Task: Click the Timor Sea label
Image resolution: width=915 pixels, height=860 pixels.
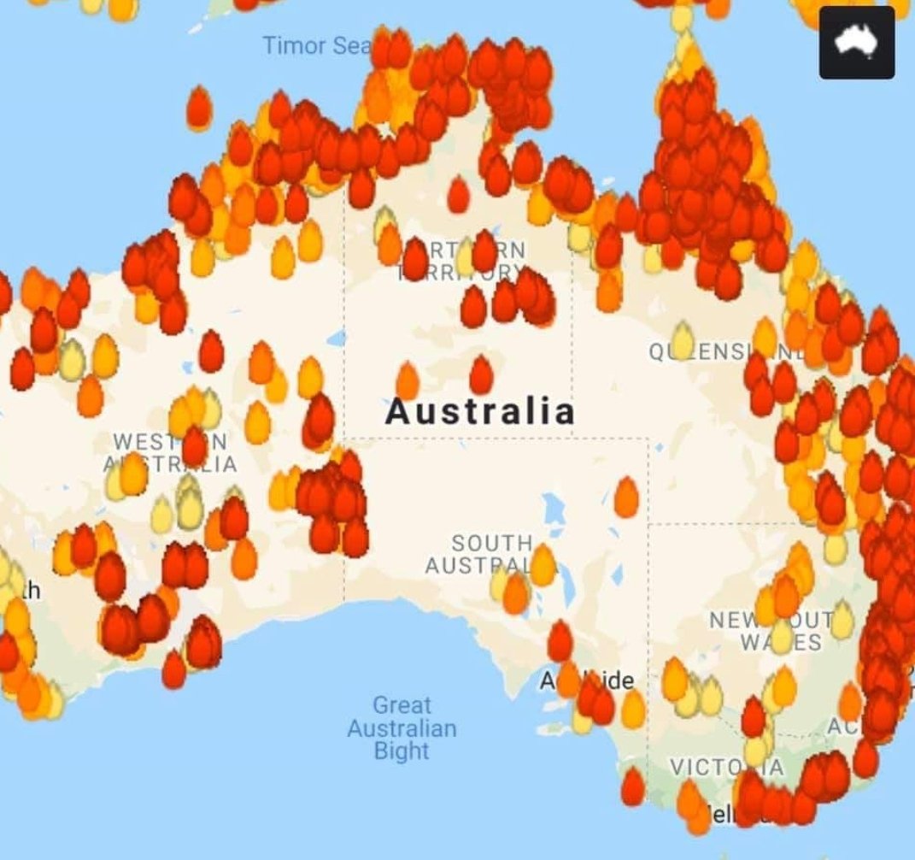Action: coord(313,45)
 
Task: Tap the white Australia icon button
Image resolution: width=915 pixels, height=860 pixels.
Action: coord(856,43)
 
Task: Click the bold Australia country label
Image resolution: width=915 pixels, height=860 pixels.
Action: coord(480,412)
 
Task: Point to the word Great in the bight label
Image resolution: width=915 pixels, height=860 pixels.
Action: coord(402,706)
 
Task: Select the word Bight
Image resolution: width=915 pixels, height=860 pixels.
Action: coord(402,751)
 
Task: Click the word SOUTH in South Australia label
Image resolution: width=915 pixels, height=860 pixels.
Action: coord(492,544)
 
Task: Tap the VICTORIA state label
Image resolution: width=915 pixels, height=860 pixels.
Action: coord(726,767)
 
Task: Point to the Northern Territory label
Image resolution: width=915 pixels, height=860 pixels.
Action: coord(461,261)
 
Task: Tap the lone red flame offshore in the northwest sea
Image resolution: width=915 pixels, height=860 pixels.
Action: coord(198,108)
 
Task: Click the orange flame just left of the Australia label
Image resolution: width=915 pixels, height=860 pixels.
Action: coord(408,380)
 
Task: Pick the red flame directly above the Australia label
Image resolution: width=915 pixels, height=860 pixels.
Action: coord(481,374)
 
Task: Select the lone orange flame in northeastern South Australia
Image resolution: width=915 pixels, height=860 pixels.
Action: coord(626,497)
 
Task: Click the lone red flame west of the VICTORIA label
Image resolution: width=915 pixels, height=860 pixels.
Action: coord(632,786)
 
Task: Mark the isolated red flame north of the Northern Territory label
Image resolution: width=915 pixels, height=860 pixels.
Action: coord(459,195)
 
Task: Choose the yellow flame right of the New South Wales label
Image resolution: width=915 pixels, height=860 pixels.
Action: coord(842,620)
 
